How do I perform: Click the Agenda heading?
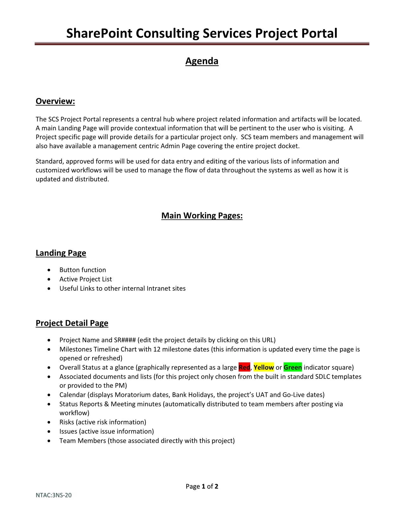tap(202, 61)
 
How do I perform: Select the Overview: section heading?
tap(55, 101)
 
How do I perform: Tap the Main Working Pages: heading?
tap(202, 216)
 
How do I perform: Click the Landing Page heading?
tap(61, 253)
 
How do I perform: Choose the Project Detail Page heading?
tap(72, 323)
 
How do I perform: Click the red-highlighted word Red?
tap(244, 367)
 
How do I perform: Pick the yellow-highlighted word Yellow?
tap(263, 367)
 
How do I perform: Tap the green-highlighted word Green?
tap(292, 367)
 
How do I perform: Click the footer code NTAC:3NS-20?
tap(53, 495)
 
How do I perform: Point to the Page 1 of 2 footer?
tap(202, 486)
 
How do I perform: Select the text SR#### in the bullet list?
tap(125, 340)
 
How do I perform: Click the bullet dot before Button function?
tap(48, 270)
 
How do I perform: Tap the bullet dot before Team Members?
tap(48, 441)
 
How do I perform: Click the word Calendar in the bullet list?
tap(73, 395)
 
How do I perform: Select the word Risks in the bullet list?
tap(67, 422)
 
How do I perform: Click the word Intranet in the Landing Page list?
tap(158, 288)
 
